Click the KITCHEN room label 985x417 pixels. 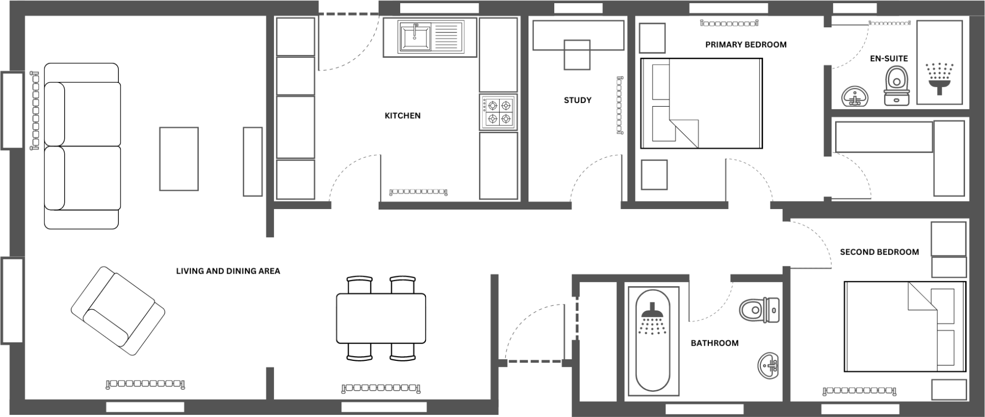tap(402, 116)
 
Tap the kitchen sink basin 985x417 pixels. tap(415, 37)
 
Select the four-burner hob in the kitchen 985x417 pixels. tap(498, 112)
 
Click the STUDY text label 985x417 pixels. tap(577, 100)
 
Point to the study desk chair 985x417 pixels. tap(577, 55)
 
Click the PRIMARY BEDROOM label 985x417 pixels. tap(746, 45)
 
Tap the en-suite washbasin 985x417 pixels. tap(855, 97)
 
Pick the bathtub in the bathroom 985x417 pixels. tap(653, 347)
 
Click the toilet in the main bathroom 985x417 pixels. tap(759, 310)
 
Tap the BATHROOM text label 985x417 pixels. tap(714, 343)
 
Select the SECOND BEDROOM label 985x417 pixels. tap(879, 252)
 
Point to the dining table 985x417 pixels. tap(381, 318)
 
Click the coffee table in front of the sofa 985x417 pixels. tap(179, 159)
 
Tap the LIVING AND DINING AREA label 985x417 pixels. tap(228, 271)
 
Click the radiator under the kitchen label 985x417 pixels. tap(418, 192)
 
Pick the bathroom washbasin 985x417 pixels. tap(768, 365)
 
